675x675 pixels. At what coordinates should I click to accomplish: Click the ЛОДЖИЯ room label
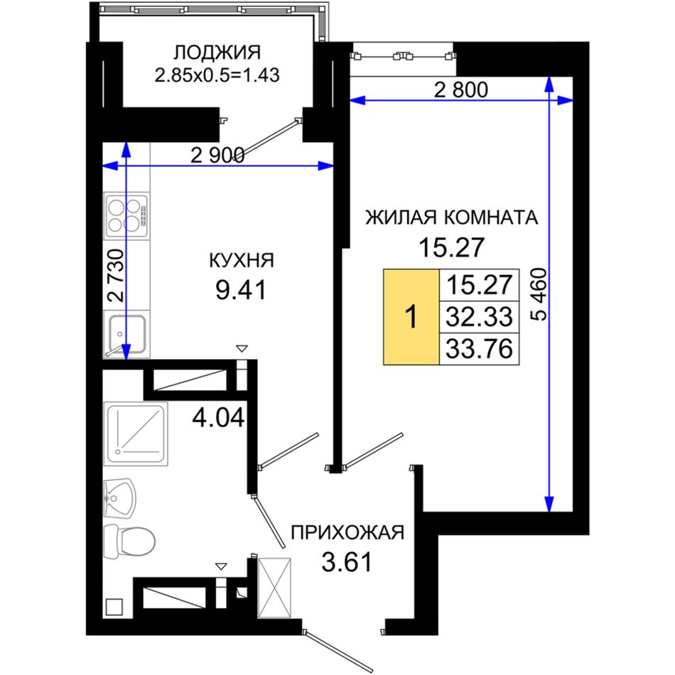217,53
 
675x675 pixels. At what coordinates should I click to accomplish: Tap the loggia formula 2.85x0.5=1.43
217,75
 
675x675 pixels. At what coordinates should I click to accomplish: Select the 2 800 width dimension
461,90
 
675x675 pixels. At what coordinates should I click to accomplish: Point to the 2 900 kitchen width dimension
217,155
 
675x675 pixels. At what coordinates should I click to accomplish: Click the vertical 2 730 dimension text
116,276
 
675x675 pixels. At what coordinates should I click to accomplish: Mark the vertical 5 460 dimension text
539,295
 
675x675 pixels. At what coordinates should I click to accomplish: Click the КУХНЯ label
242,261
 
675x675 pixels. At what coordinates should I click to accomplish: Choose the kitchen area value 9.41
241,290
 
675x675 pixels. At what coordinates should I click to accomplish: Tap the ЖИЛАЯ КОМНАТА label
452,217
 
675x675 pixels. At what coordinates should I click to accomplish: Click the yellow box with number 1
411,317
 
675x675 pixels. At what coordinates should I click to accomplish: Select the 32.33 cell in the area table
479,316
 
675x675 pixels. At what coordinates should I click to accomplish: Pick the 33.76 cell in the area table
479,349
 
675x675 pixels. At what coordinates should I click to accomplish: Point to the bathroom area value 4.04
218,418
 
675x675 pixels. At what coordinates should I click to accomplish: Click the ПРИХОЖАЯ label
348,532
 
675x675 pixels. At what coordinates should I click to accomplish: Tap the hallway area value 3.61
347,562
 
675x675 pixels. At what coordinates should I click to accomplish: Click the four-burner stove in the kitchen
126,216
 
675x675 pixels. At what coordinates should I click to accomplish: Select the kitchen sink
126,334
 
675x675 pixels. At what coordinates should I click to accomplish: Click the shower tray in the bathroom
136,434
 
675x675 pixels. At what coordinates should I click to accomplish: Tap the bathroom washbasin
119,499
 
